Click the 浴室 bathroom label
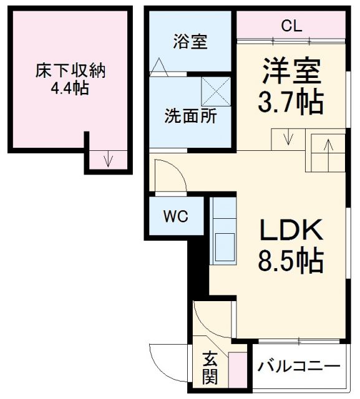point(190,43)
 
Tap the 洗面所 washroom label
point(190,116)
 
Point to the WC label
point(175,217)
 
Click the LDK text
point(291,233)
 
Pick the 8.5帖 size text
point(291,261)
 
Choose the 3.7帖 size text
point(291,102)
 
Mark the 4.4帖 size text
point(71,89)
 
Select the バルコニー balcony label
point(299,365)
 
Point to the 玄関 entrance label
point(210,368)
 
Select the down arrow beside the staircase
point(287,137)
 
